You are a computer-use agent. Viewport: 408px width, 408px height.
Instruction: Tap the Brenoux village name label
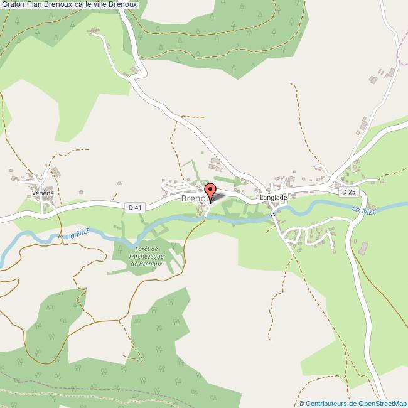point(195,198)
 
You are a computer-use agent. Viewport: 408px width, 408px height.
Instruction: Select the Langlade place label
point(274,197)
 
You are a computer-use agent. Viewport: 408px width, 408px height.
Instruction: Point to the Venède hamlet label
point(44,193)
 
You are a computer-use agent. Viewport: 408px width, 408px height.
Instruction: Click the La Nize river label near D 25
point(363,212)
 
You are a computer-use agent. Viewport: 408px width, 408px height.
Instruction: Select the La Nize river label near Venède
point(77,234)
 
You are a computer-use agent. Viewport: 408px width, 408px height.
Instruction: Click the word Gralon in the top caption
point(13,4)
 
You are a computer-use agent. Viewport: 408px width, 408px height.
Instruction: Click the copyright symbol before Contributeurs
point(302,404)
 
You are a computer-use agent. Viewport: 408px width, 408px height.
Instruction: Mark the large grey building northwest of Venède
point(55,171)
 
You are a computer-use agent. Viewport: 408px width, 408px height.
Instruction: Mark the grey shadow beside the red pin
point(220,196)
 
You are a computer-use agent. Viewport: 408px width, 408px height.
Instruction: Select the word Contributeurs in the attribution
point(325,404)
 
